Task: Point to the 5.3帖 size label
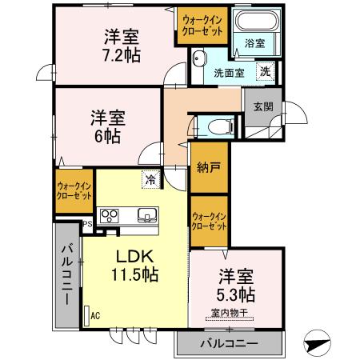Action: point(238,294)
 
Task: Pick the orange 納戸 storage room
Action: point(207,168)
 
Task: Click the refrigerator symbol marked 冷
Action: point(150,181)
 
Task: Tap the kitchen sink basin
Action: point(147,214)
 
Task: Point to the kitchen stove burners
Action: point(109,214)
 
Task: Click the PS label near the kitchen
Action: point(95,226)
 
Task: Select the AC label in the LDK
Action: point(95,316)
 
